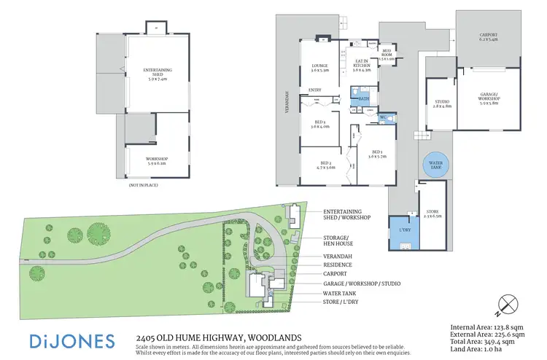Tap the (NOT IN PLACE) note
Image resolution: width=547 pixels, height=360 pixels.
143,187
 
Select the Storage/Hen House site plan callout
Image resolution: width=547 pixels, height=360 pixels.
338,240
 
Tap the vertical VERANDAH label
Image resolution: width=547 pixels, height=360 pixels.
286,102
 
